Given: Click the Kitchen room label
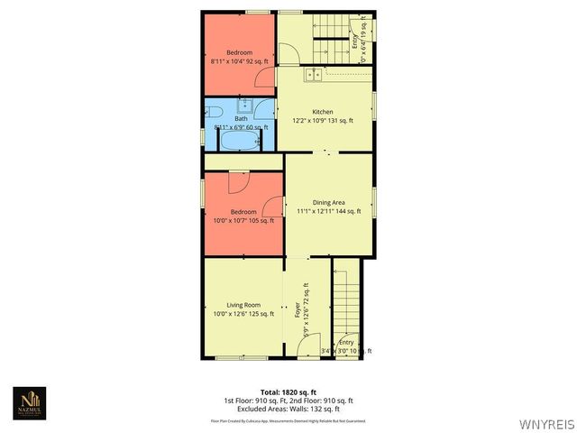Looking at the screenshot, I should [323, 111].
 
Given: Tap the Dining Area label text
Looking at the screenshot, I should [329, 202].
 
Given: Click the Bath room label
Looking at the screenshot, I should [241, 119].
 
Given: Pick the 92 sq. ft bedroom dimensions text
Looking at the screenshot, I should [239, 61].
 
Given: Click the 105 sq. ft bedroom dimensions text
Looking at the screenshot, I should [243, 220].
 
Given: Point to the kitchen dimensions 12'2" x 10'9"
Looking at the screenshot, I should [323, 120].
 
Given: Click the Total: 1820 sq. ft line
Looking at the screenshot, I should [288, 392].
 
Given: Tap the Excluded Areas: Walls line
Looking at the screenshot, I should [288, 408].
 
